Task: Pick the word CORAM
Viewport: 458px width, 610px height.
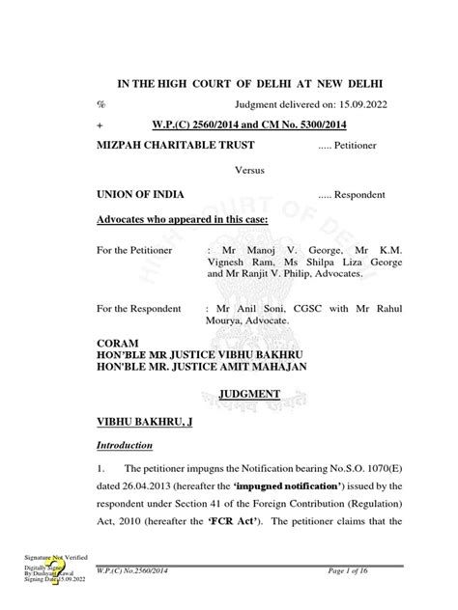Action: pos(119,343)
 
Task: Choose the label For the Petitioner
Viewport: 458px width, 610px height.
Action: pos(137,250)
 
